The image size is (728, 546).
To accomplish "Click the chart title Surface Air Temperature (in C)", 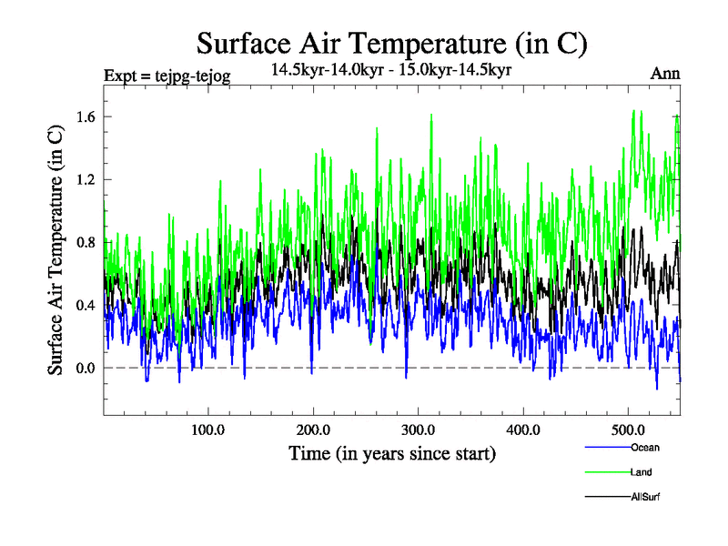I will (x=391, y=43).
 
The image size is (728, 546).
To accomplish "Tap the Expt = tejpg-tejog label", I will (x=167, y=76).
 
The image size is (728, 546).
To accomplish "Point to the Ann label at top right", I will (x=665, y=75).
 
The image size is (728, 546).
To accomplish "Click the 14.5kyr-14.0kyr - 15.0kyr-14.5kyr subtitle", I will (x=392, y=68).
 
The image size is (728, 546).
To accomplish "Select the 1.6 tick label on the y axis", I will (x=86, y=116).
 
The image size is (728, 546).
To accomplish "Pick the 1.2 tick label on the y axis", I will (x=86, y=179).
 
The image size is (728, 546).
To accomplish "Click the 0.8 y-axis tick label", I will (x=86, y=242).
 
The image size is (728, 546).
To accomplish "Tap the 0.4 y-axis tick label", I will (x=86, y=305).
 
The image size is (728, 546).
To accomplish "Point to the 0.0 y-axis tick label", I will (x=86, y=368).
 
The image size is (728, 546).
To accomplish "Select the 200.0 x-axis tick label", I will (x=313, y=429).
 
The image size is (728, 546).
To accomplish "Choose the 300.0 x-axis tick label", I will (x=418, y=429).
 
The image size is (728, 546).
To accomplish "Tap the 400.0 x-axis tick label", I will (x=523, y=429).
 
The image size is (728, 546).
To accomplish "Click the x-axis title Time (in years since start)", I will (x=391, y=453).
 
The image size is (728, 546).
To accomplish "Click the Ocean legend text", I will (x=644, y=447).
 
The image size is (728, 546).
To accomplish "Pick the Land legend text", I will (x=641, y=472).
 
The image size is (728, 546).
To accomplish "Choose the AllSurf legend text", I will (x=645, y=497).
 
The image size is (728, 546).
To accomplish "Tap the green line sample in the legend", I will (x=606, y=472).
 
